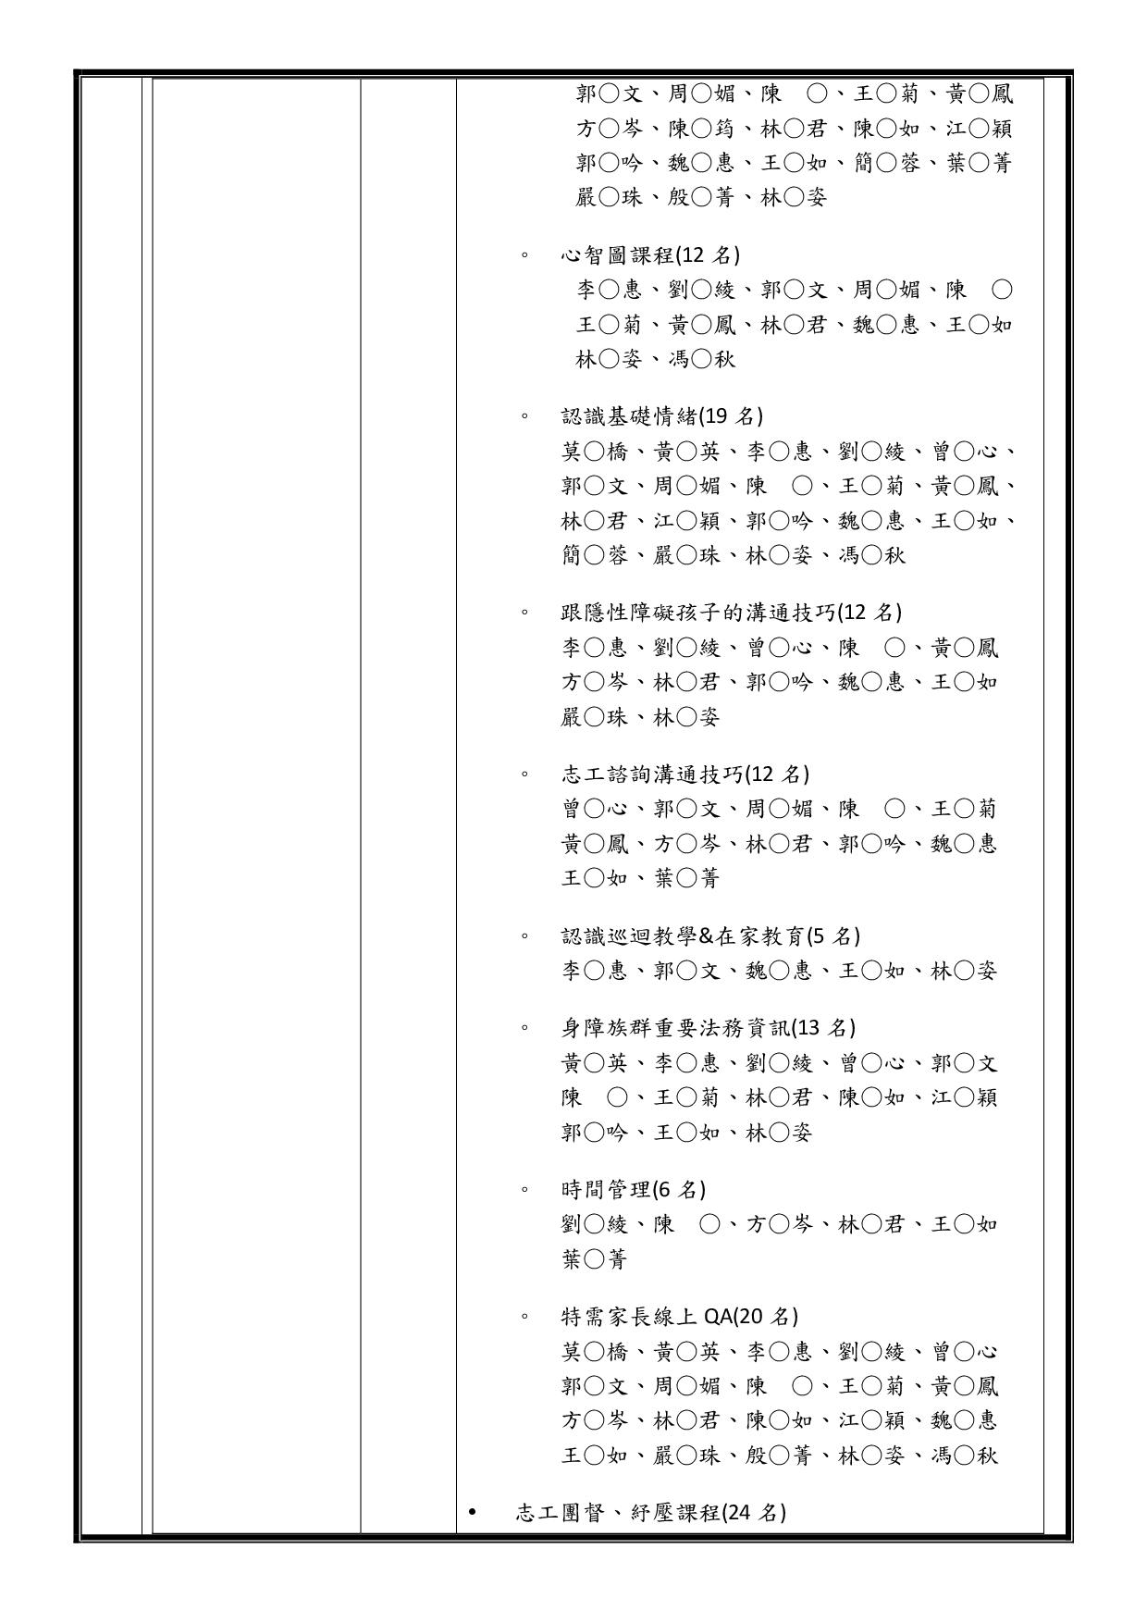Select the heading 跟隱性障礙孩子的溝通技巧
[x=698, y=613]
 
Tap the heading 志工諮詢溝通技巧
[x=652, y=774]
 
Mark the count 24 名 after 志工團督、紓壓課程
[x=755, y=1513]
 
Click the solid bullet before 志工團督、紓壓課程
[x=474, y=1513]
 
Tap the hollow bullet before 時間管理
[x=524, y=1191]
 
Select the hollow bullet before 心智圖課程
[x=524, y=256]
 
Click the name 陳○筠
[x=701, y=129]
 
